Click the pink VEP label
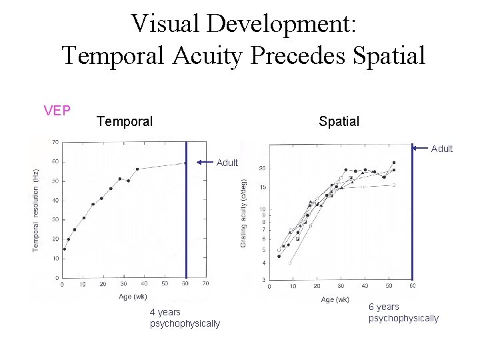click(x=57, y=111)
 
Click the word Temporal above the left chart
click(x=124, y=121)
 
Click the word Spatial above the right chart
click(x=339, y=121)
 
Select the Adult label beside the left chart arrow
click(x=227, y=163)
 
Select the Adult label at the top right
click(x=441, y=149)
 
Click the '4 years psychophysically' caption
click(x=185, y=317)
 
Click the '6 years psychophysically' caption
click(x=403, y=312)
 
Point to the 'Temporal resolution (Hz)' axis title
click(x=36, y=210)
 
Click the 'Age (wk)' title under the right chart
click(x=335, y=299)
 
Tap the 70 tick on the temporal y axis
click(x=54, y=143)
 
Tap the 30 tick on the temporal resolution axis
click(x=54, y=219)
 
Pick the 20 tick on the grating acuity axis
click(x=263, y=168)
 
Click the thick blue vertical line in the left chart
click(x=186, y=213)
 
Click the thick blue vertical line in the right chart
click(x=412, y=213)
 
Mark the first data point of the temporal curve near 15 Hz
click(x=65, y=249)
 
